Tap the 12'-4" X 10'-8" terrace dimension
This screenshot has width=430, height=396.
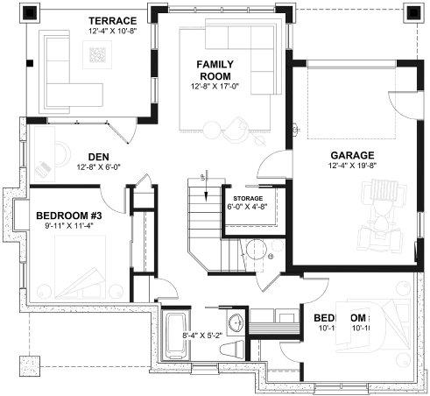tap(113, 31)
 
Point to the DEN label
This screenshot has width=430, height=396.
tap(98, 157)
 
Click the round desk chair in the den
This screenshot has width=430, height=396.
tap(44, 164)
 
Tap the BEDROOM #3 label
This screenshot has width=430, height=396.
tap(68, 215)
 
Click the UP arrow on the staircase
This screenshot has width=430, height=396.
tap(204, 178)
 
